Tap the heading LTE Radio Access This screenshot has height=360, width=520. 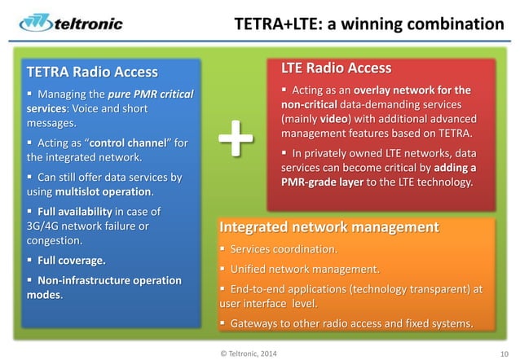336,68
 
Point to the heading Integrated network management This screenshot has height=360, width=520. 330,226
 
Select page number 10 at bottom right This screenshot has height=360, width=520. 505,352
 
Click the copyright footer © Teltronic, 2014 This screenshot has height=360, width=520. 247,352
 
